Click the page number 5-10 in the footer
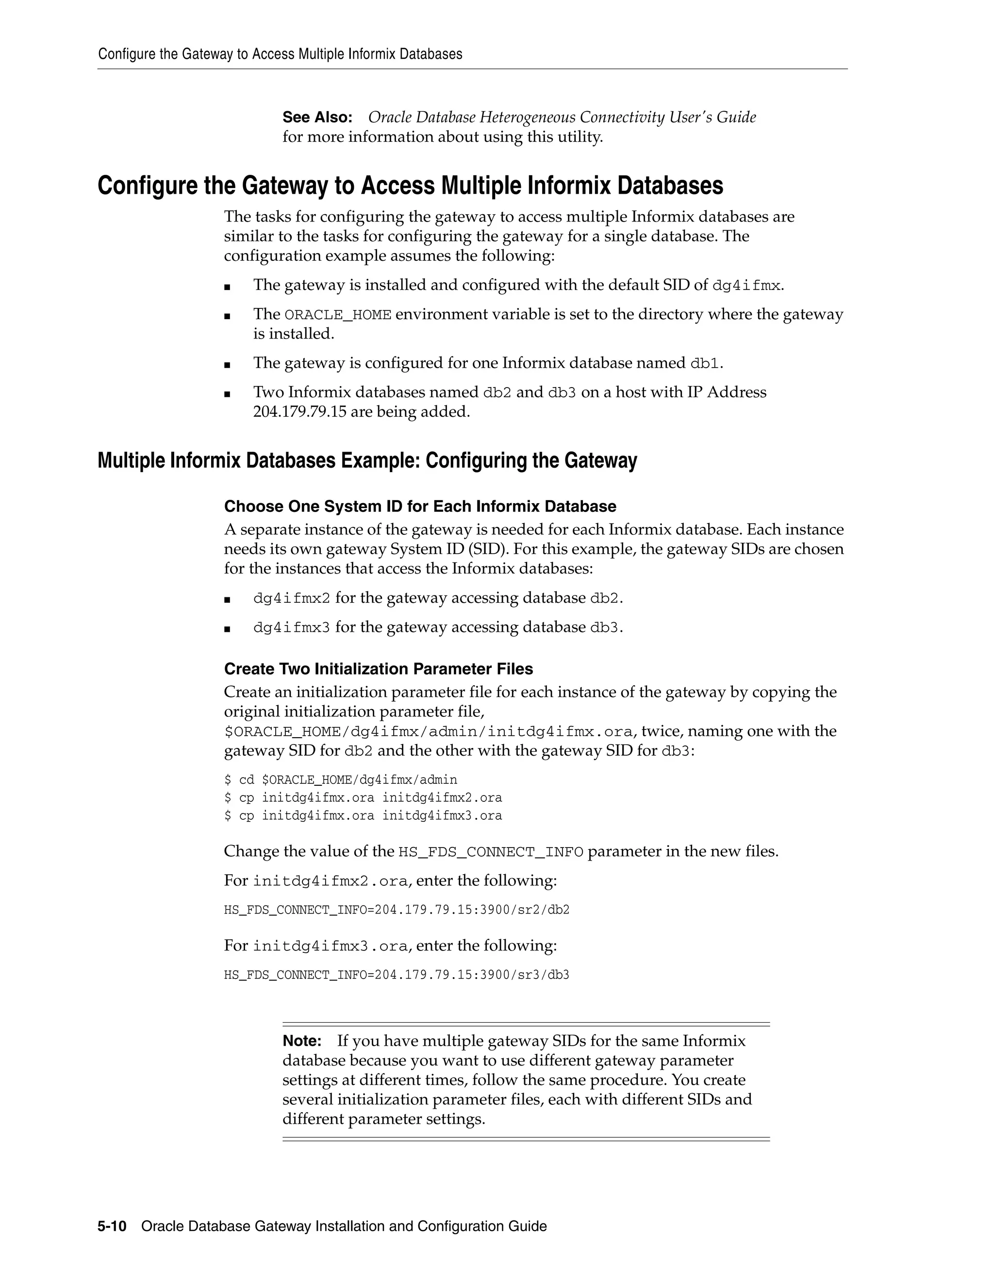(112, 1226)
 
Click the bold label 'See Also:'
(317, 117)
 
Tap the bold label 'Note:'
(301, 1041)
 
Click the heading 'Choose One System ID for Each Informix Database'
(420, 506)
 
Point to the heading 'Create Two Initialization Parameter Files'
(378, 669)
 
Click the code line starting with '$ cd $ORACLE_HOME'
(340, 779)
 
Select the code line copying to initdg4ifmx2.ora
(363, 797)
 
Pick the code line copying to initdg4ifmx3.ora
(363, 815)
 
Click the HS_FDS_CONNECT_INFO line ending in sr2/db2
(397, 909)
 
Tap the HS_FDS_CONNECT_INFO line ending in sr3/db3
(397, 975)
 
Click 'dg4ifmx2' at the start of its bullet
(292, 598)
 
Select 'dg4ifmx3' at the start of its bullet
(292, 627)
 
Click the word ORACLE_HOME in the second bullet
(337, 315)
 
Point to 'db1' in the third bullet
(704, 363)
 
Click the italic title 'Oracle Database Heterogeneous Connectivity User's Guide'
(562, 117)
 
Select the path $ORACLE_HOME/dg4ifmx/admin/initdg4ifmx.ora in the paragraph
(428, 731)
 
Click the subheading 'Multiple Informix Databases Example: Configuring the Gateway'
(367, 460)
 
